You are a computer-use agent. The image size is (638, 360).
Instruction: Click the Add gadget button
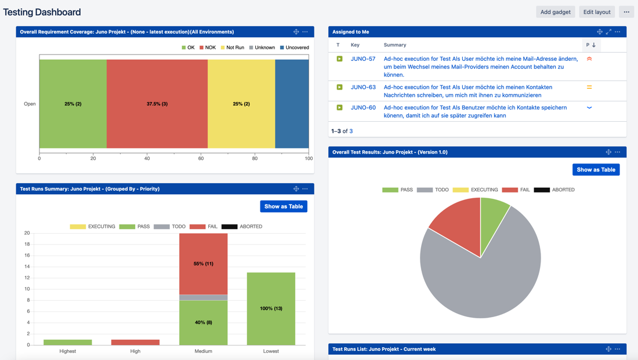[x=555, y=12]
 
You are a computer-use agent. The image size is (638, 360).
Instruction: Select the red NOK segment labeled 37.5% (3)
[x=157, y=104]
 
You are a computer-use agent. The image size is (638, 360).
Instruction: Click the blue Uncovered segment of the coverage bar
[x=292, y=104]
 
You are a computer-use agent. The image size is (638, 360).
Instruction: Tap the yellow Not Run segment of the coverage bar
[x=241, y=104]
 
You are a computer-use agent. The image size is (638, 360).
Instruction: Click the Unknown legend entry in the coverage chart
[x=262, y=48]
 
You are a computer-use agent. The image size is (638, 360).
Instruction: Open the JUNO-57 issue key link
[x=363, y=59]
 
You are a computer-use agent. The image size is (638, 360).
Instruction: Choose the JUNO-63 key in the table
[x=363, y=87]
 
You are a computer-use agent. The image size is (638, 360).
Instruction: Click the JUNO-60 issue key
[x=363, y=107]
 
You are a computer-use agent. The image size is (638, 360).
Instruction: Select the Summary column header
[x=395, y=45]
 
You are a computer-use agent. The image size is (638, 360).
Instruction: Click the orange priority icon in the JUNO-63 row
[x=589, y=87]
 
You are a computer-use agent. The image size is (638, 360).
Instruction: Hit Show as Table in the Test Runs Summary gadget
[x=284, y=206]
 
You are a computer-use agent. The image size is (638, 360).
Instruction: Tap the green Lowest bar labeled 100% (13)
[x=271, y=308]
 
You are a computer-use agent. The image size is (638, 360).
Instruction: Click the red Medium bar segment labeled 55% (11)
[x=203, y=264]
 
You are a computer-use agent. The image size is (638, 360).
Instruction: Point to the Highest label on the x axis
[x=68, y=351]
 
